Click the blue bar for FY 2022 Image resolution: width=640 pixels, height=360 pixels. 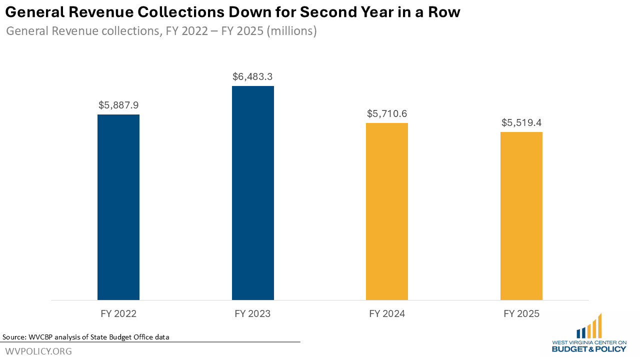tap(118, 207)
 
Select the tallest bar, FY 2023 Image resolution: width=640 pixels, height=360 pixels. tap(253, 193)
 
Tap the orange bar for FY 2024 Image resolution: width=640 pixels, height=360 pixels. tap(387, 211)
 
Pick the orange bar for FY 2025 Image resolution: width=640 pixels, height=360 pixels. tap(521, 216)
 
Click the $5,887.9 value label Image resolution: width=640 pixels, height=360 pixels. tap(118, 105)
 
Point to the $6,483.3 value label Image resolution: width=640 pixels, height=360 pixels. tap(253, 77)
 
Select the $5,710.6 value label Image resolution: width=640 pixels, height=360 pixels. tap(387, 114)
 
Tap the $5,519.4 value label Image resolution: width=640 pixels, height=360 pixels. tap(521, 123)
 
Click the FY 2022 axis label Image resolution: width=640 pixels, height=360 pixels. tap(118, 314)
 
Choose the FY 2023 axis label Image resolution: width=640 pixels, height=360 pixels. tap(253, 314)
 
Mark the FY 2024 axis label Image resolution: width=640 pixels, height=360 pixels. tap(387, 314)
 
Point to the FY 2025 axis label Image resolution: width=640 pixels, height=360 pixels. tap(521, 314)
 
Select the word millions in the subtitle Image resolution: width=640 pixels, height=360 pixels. tap(292, 31)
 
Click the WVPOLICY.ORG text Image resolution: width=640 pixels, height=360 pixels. tap(38, 351)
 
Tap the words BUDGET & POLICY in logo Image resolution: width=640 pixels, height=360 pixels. tap(589, 348)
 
